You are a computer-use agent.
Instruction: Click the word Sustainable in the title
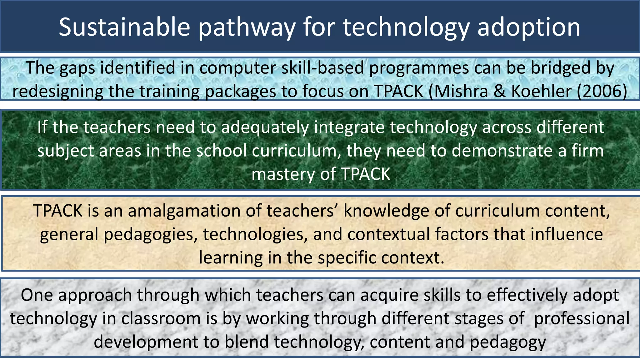coord(124,27)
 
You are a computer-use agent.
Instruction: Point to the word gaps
coord(77,68)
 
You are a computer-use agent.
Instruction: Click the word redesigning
coord(57,92)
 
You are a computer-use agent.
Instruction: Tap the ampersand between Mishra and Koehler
coord(499,92)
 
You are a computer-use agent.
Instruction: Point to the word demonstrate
coord(502,151)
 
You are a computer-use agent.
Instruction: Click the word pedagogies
coord(150,235)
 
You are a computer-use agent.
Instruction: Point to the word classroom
coord(161,319)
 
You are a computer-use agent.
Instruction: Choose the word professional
coord(582,319)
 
